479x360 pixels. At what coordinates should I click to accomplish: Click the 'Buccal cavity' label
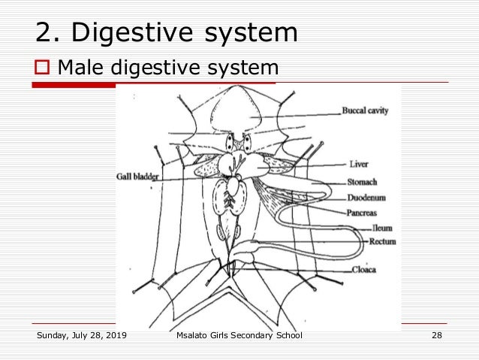click(365, 111)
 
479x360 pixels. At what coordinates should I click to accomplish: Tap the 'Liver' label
click(358, 163)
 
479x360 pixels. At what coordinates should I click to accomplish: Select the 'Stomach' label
click(362, 181)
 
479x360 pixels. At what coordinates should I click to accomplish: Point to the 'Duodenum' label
click(366, 198)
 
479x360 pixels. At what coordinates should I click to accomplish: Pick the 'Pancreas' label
click(363, 213)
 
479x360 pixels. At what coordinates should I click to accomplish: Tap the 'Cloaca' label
click(363, 269)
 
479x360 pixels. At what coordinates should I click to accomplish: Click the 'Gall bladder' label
click(137, 178)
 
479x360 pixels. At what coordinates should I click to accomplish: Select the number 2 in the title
click(44, 33)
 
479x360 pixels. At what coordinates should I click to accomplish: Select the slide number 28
click(436, 335)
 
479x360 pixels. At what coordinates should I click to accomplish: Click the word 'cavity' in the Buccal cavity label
click(377, 111)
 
